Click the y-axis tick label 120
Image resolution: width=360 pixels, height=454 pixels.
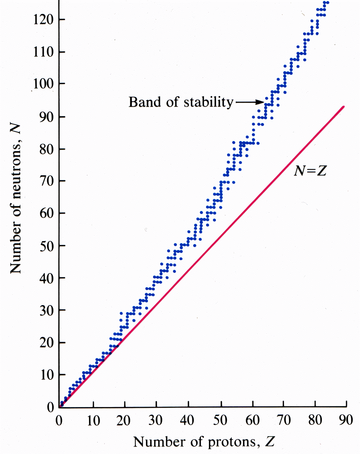[43, 20]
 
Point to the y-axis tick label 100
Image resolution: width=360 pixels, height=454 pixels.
[43, 84]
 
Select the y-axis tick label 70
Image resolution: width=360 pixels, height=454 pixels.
[47, 181]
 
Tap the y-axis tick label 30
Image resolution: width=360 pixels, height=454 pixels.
[47, 311]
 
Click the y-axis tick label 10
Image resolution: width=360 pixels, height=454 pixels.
[47, 375]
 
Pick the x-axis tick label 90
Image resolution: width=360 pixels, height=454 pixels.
[346, 420]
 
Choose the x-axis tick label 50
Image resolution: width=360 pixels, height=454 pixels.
[220, 420]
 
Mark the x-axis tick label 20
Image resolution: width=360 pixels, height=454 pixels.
[123, 420]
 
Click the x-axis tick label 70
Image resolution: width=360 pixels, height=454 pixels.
[284, 420]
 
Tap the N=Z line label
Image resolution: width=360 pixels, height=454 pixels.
[310, 171]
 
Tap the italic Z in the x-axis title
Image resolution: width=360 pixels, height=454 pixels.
[270, 442]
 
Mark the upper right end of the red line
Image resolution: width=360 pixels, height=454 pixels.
[344, 107]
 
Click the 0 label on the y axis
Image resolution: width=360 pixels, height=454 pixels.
[50, 407]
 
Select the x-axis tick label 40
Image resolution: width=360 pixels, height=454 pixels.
[187, 420]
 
